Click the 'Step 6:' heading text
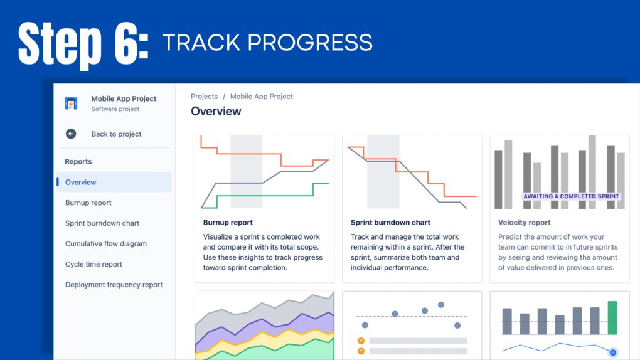click(x=83, y=43)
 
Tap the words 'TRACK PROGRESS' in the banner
click(x=267, y=43)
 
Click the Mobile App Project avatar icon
click(x=71, y=103)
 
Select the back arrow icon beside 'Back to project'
click(x=71, y=134)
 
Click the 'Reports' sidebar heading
click(x=78, y=161)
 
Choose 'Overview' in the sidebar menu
click(x=81, y=183)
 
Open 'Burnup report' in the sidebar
click(x=88, y=203)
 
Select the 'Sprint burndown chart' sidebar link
click(x=102, y=223)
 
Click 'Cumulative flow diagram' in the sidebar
click(x=106, y=244)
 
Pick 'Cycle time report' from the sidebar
click(x=94, y=264)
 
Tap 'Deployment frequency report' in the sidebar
click(x=114, y=285)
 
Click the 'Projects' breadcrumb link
click(x=205, y=97)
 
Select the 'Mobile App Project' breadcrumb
click(x=262, y=97)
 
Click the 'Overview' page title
click(x=216, y=112)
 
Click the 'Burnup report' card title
click(x=228, y=222)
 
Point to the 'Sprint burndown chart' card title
click(x=390, y=222)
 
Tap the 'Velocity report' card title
click(x=525, y=222)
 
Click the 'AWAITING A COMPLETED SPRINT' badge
click(x=571, y=196)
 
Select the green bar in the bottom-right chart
click(x=612, y=318)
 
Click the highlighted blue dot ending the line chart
click(x=613, y=352)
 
